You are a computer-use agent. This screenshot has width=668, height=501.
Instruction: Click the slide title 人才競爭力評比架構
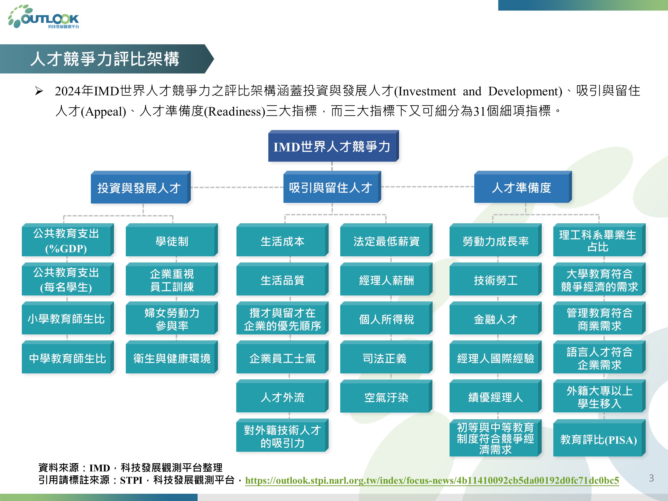[105, 59]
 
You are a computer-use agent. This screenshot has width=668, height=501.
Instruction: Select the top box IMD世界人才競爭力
[333, 146]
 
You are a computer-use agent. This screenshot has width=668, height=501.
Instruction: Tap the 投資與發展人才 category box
[141, 187]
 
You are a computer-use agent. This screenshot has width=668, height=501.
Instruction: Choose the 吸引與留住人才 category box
[332, 187]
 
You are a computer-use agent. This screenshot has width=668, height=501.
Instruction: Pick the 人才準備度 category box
[523, 187]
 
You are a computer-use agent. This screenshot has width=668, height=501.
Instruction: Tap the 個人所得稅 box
[386, 318]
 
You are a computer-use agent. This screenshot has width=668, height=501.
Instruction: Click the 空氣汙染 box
[386, 396]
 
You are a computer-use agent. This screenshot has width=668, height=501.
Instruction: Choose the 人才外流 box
[282, 396]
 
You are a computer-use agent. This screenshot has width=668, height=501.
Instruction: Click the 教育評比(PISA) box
[599, 438]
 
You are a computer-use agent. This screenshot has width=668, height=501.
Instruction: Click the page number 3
[651, 478]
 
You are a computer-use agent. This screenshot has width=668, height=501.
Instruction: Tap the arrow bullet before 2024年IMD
[39, 91]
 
